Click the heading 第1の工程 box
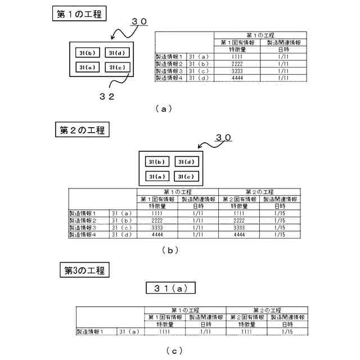point(79,14)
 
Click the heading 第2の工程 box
point(82,130)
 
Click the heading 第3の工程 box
point(82,270)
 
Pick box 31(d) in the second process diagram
point(186,162)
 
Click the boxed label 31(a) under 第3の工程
point(170,288)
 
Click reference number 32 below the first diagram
point(107,96)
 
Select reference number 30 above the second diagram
point(223,137)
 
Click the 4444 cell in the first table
point(236,78)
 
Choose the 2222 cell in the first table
point(236,64)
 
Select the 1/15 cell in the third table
point(287,332)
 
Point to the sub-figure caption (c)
point(174,350)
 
